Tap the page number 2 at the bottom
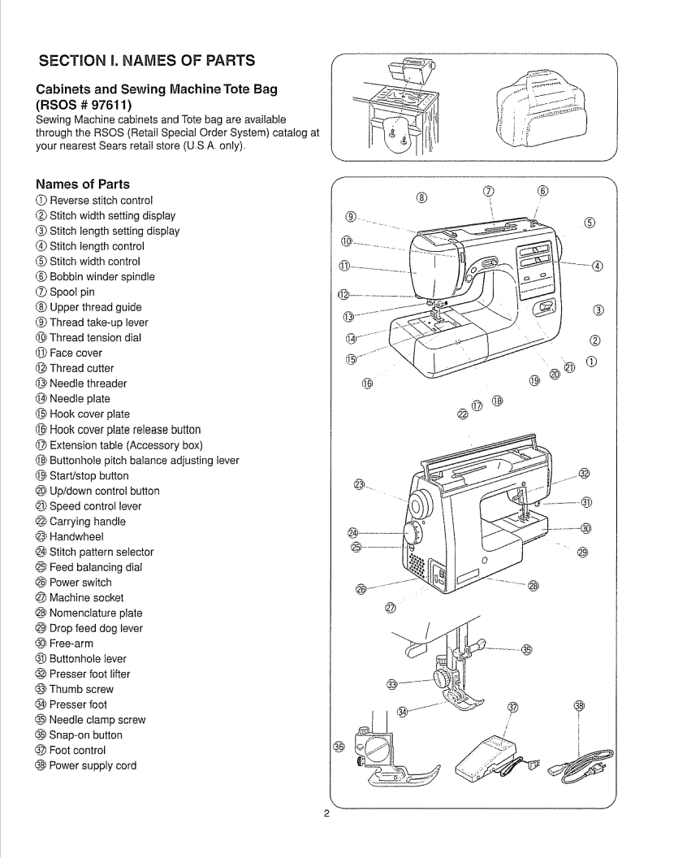[x=326, y=816]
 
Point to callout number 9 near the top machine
[x=350, y=216]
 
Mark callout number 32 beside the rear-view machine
[x=584, y=474]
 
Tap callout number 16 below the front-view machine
[x=368, y=383]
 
